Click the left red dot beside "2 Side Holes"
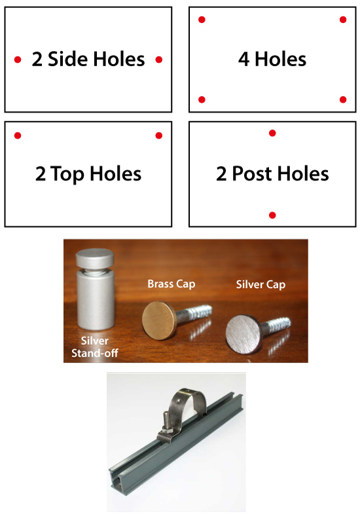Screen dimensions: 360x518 pos(18,60)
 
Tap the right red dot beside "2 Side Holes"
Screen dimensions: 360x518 pos(159,60)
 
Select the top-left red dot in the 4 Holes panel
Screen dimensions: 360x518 pos(202,20)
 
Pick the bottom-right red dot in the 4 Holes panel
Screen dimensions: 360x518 pos(343,99)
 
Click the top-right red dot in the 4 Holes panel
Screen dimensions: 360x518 pos(343,20)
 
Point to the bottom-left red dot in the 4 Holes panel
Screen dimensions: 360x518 pos(202,99)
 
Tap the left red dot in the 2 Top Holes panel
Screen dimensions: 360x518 pos(18,135)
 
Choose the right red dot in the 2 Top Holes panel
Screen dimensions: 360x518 pos(159,135)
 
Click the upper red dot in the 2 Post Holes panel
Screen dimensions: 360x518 pos(272,133)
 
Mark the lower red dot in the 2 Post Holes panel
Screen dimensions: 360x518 pos(272,215)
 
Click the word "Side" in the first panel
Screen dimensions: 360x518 pos(68,59)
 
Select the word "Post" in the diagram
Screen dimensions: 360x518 pos(252,173)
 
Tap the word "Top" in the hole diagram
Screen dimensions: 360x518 pos(67,175)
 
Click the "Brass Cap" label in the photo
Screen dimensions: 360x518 pos(171,284)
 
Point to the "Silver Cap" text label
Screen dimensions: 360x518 pos(261,285)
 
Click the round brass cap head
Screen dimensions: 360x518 pos(159,320)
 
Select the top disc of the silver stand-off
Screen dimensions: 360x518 pos(95,258)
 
